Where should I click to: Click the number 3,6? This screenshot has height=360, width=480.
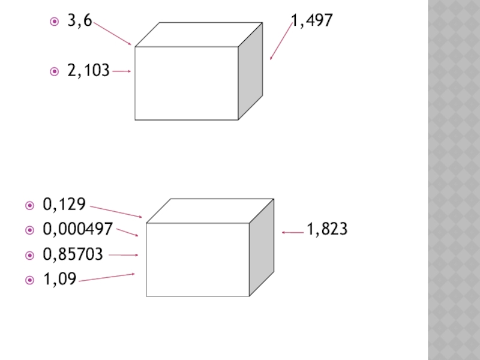[79, 22]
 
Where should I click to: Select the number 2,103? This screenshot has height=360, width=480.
[88, 71]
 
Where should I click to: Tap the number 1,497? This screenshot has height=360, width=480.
[312, 22]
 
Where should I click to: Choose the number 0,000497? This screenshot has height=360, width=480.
[78, 229]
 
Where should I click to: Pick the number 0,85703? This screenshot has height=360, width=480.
[73, 254]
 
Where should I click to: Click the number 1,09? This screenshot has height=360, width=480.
[59, 279]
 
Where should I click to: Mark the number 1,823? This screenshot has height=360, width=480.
[328, 229]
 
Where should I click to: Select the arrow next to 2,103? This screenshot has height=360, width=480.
[122, 71]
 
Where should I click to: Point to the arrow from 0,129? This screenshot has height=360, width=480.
[116, 212]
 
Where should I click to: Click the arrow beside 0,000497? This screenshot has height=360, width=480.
[127, 232]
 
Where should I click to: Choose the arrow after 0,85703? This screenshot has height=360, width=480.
[124, 255]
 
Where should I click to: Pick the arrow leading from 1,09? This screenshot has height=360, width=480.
[107, 277]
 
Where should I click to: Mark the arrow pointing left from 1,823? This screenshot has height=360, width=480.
[293, 232]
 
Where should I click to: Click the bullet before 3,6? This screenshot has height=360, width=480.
[55, 22]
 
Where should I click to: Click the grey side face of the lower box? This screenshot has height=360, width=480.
[262, 247]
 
